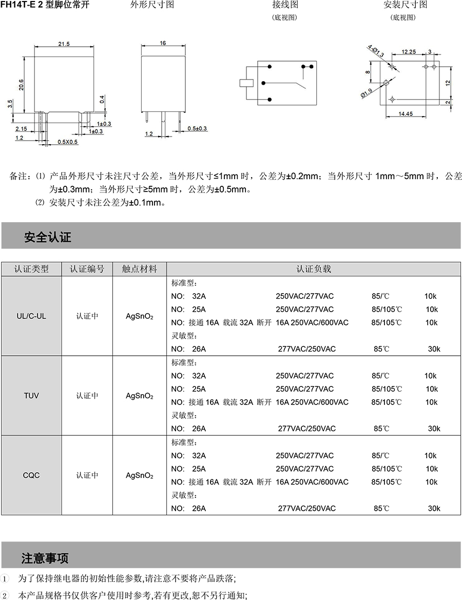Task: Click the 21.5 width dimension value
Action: click(64, 45)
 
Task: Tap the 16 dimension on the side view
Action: click(163, 44)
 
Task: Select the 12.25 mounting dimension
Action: click(409, 51)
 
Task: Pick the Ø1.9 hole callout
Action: click(366, 93)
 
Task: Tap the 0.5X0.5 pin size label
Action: click(67, 142)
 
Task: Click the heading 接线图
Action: click(285, 5)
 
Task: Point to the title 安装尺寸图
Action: click(405, 5)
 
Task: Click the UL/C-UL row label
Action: click(31, 316)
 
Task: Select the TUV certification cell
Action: click(31, 396)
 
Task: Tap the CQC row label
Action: click(31, 475)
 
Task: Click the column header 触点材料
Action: click(139, 269)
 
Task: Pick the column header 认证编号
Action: click(87, 269)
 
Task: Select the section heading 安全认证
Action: click(47, 237)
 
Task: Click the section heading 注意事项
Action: click(45, 558)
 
